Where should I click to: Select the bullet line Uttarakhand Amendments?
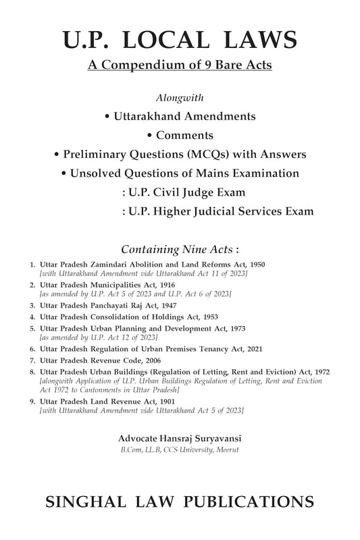[x=180, y=116]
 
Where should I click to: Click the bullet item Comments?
[x=180, y=135]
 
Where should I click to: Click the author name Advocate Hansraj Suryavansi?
[x=180, y=438]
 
